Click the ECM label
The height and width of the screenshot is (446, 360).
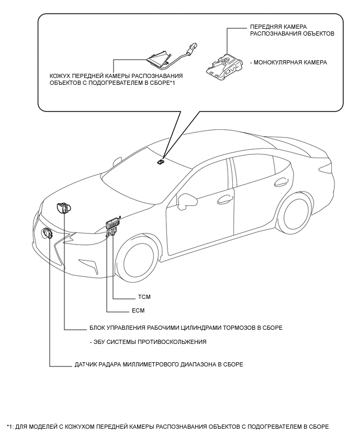click(x=138, y=310)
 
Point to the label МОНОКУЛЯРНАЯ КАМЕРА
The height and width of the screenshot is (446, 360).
click(x=290, y=62)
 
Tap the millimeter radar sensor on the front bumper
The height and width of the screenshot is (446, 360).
click(x=48, y=233)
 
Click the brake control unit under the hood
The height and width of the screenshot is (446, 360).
click(x=65, y=208)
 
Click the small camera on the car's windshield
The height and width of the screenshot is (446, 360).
click(x=160, y=162)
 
